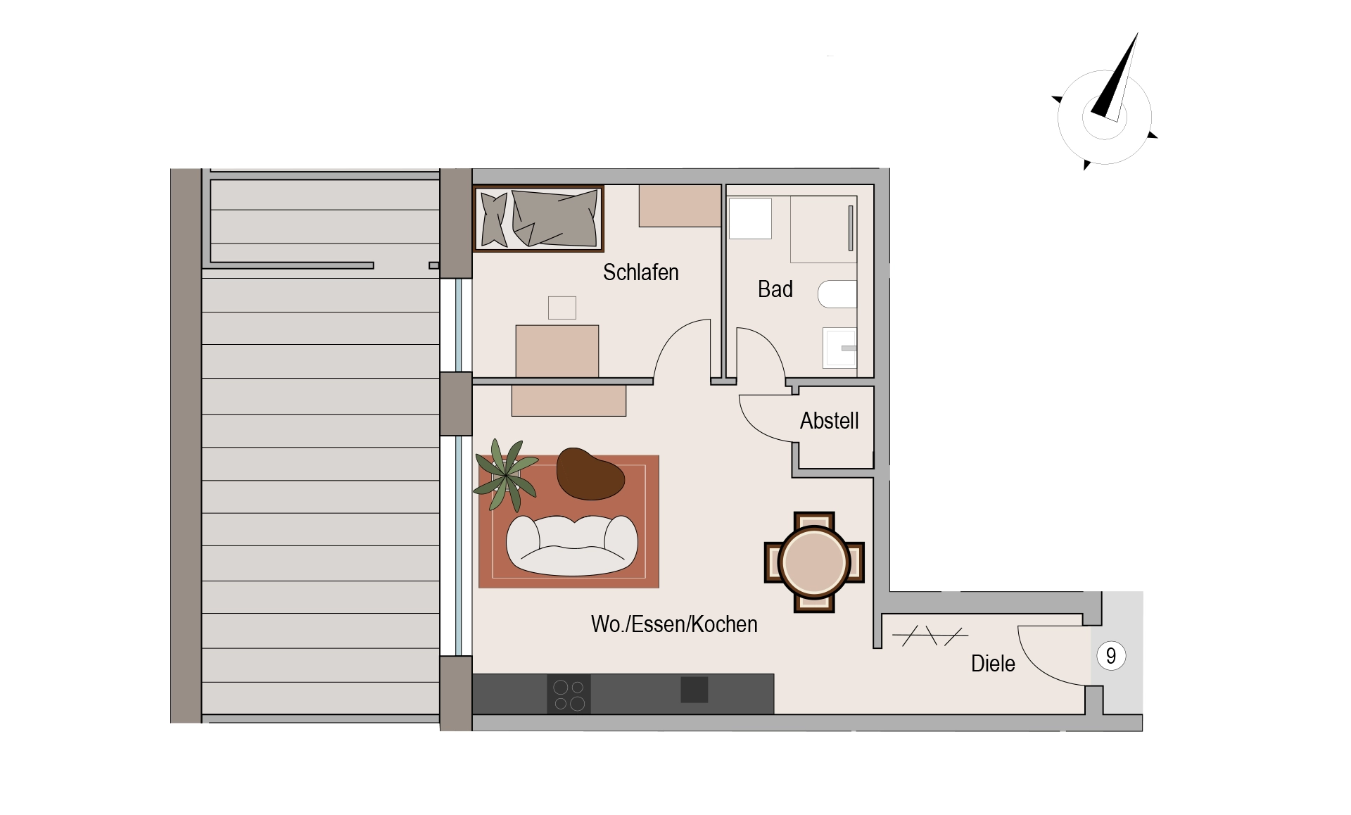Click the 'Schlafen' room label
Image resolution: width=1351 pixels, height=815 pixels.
(x=640, y=272)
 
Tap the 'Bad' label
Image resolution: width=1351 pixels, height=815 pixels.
(x=775, y=289)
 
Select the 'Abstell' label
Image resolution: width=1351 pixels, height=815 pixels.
(x=829, y=421)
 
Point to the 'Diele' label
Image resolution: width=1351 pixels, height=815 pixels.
(x=993, y=664)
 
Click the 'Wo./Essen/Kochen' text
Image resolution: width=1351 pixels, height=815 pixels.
(x=674, y=624)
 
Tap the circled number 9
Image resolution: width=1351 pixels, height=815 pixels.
(x=1111, y=656)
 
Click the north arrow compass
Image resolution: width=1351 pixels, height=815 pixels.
(x=1105, y=106)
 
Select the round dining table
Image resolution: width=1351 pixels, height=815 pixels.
(x=814, y=562)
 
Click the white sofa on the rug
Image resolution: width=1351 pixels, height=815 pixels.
(x=572, y=545)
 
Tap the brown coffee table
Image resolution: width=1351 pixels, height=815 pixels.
(x=590, y=474)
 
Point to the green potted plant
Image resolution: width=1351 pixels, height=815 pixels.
(x=507, y=475)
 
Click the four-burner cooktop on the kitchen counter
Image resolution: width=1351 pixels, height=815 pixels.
(x=569, y=695)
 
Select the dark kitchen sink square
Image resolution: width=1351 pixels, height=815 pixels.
(x=694, y=690)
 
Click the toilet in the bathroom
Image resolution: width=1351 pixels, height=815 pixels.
(x=837, y=294)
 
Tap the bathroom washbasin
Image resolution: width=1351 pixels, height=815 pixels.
(x=840, y=348)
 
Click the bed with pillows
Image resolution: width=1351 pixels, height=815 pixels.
(x=539, y=218)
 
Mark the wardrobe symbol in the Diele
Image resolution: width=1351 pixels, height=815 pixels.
(x=930, y=636)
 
